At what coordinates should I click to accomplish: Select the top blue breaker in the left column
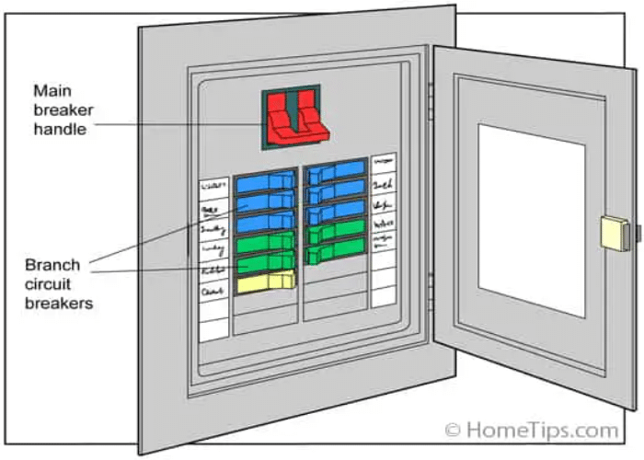click(266, 182)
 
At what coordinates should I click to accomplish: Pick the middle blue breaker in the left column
click(266, 202)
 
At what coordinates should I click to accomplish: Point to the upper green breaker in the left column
click(265, 244)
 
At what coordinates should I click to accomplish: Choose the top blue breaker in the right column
click(336, 172)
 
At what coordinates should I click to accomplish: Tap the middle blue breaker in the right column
click(336, 192)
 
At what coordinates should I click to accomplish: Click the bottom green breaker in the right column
click(336, 249)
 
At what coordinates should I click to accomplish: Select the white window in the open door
click(532, 219)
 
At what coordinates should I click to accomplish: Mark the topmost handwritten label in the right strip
click(383, 163)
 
